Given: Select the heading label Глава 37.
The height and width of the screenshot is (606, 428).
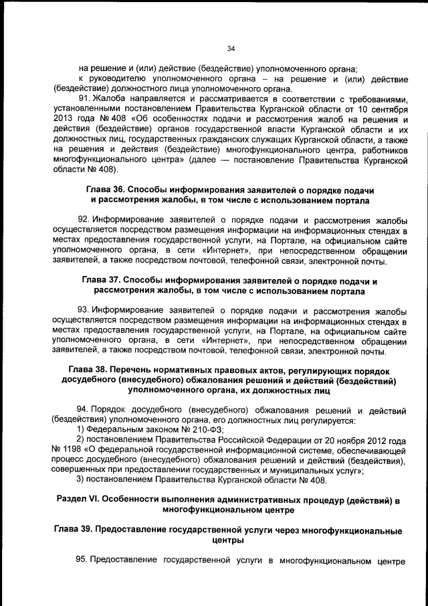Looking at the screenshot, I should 102,281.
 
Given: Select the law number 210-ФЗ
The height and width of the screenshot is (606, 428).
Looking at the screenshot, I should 207,430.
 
